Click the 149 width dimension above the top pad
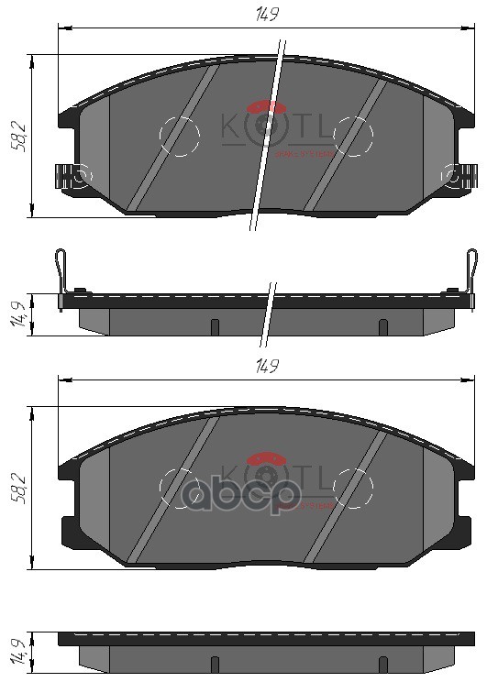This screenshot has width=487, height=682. click(267, 14)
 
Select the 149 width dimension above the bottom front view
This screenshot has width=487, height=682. click(267, 366)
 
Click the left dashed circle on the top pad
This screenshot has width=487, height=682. click(179, 137)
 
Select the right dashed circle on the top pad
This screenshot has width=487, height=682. click(353, 137)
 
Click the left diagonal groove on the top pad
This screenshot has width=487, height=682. click(172, 137)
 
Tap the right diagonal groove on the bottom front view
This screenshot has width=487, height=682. click(344, 495)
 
